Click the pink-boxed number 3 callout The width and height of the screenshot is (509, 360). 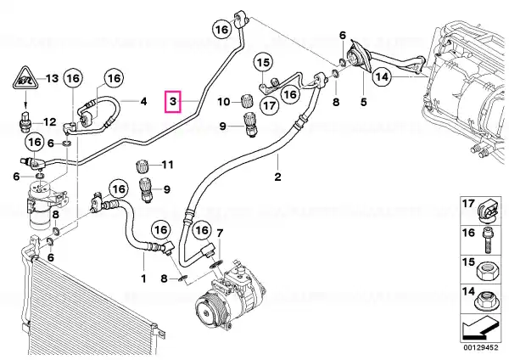[x=173, y=101]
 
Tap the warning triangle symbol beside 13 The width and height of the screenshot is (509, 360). [x=25, y=80]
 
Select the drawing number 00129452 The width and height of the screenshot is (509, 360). [x=480, y=347]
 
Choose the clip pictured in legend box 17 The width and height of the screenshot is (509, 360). [x=488, y=211]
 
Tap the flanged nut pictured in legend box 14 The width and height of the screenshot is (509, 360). [x=486, y=301]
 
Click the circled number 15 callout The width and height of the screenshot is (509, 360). [x=263, y=62]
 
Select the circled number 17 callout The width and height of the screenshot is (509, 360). [x=270, y=105]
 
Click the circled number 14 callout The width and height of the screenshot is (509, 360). [x=382, y=76]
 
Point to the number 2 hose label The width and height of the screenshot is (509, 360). [x=277, y=177]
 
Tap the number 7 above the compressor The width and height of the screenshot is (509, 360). [x=220, y=233]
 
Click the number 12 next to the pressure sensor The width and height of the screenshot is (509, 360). [x=50, y=122]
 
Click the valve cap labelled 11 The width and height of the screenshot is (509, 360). [x=142, y=167]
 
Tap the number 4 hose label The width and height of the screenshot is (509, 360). [x=143, y=101]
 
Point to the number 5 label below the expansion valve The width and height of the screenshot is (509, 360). [x=363, y=102]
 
